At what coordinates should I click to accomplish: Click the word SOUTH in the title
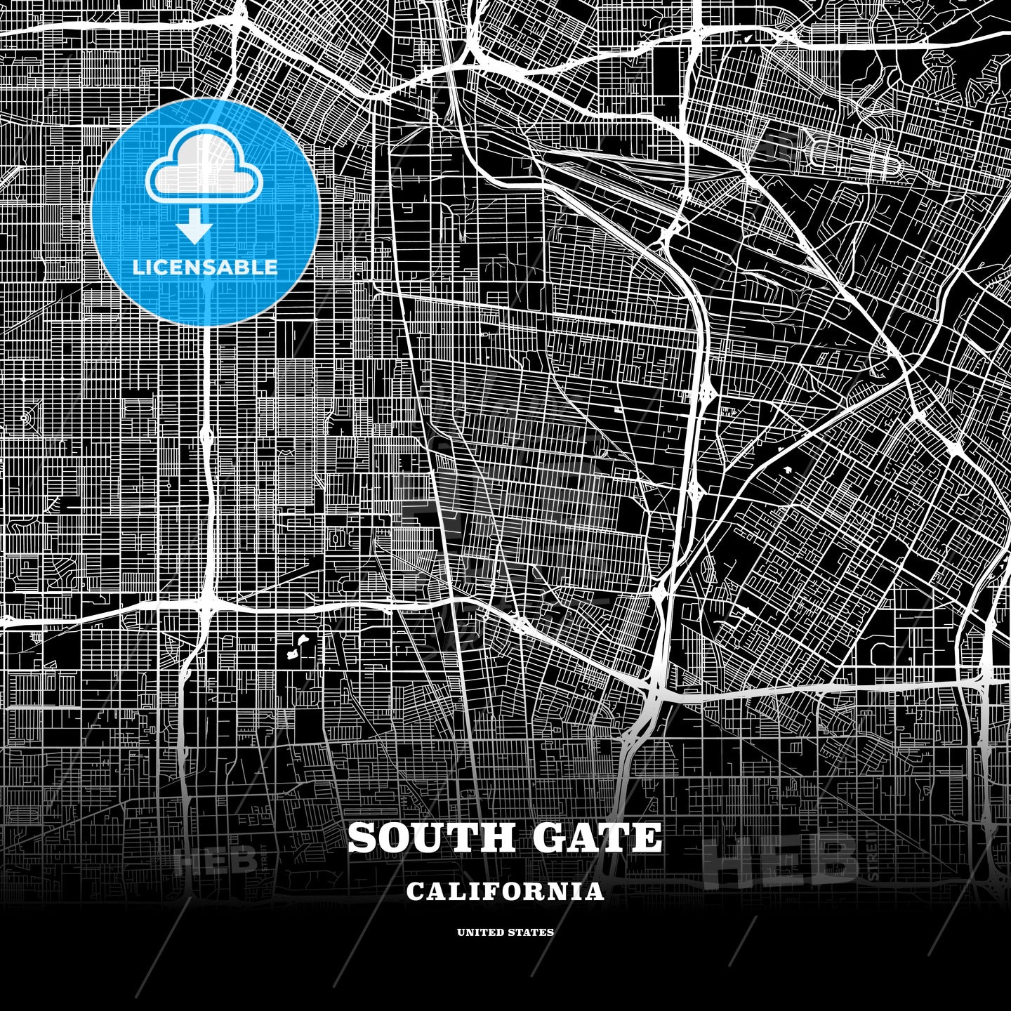point(423,838)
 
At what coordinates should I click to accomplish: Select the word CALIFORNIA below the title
point(505,892)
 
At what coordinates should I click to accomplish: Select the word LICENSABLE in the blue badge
point(205,267)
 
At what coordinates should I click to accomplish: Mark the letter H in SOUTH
point(482,838)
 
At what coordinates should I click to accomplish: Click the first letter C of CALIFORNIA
point(414,892)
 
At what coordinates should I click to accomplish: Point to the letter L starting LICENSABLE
point(138,267)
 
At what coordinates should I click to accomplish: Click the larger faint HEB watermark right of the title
point(781,858)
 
